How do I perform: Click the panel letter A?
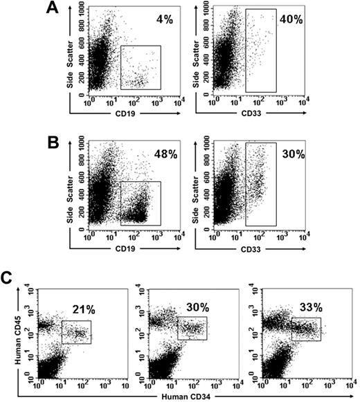point(51,9)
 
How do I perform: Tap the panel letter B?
point(51,147)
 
